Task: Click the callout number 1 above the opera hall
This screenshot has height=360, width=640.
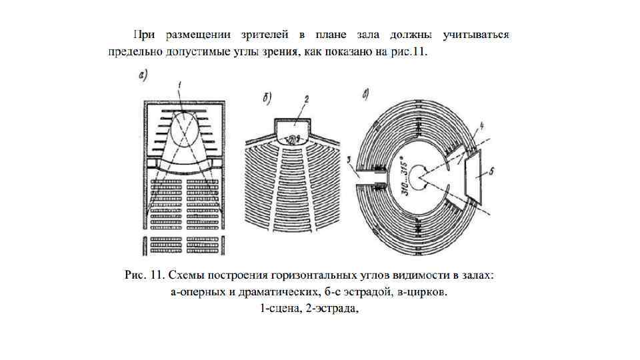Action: [181, 83]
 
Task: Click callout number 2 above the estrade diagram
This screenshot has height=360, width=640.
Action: [305, 99]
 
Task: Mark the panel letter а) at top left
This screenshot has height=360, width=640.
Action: [143, 75]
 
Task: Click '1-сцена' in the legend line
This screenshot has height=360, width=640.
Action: [279, 308]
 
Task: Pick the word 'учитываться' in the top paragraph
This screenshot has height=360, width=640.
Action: [477, 34]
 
